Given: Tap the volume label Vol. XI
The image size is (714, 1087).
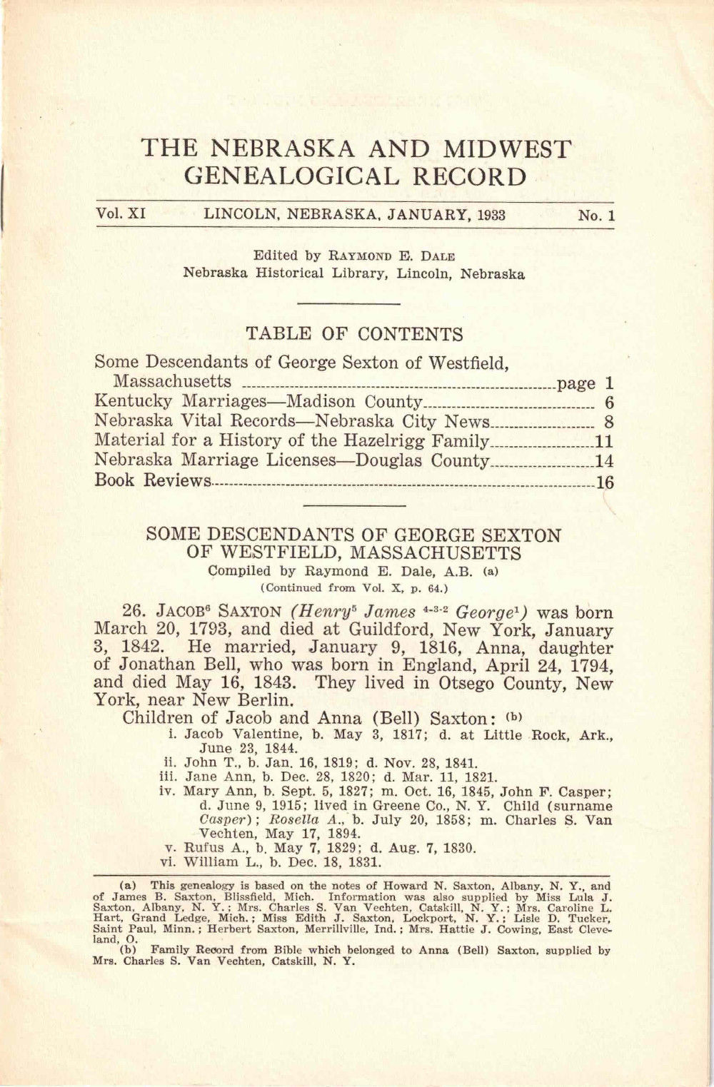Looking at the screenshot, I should click(119, 214).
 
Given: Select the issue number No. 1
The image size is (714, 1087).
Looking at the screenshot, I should click(596, 216).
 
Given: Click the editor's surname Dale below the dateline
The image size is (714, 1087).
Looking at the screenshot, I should click(438, 256).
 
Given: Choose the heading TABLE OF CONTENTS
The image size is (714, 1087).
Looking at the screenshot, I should click(354, 334).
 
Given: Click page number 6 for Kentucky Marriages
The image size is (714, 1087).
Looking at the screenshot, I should click(609, 403).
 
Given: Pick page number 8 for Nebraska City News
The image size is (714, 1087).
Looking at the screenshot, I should click(609, 422).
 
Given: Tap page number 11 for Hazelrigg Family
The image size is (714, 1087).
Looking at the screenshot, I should click(604, 442).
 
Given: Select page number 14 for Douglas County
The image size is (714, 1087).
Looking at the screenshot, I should click(604, 462).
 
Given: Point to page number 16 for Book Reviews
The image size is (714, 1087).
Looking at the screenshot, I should click(605, 482).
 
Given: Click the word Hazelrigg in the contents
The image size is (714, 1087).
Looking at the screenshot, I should click(333, 441).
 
